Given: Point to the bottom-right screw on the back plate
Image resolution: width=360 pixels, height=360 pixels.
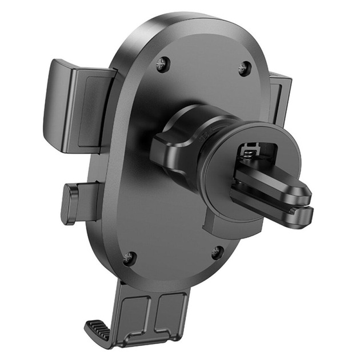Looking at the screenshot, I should [217, 251].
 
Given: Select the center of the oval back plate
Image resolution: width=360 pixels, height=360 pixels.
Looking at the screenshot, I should [171, 171].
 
